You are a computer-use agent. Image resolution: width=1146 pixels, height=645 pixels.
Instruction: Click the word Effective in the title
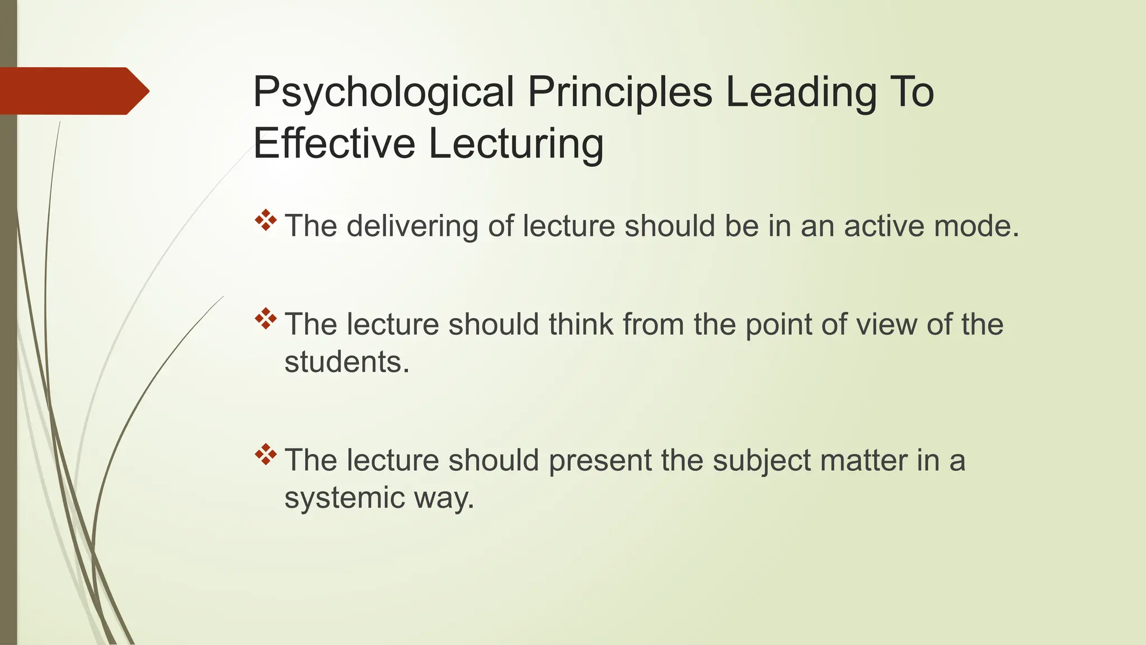(334, 143)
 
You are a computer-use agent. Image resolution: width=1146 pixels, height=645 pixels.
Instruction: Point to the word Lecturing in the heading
(516, 143)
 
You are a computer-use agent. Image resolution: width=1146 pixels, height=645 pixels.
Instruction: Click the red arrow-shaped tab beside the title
(73, 91)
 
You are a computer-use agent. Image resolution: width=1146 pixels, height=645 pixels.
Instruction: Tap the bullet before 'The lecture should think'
(266, 319)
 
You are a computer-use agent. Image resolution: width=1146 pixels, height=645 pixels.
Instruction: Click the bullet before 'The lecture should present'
(266, 454)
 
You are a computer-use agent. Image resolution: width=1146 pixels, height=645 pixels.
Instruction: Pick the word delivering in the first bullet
(412, 226)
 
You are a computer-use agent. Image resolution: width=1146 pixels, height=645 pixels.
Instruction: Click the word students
(347, 362)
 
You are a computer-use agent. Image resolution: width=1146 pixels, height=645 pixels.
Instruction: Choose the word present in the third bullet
(599, 460)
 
